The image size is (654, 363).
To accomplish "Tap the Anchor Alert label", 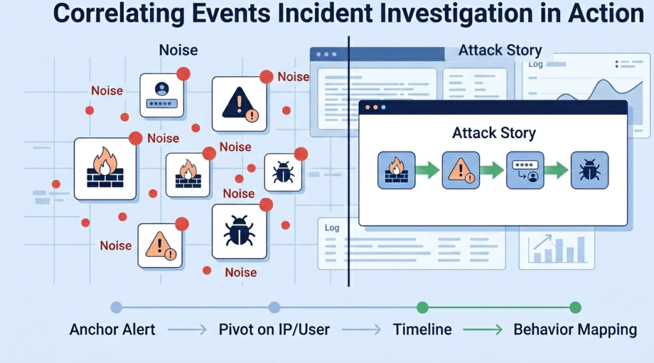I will (112, 330).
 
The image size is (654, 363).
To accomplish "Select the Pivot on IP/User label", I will (274, 330).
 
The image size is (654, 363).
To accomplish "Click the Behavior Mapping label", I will (575, 330).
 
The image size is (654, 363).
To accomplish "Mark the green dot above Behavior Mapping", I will (575, 307).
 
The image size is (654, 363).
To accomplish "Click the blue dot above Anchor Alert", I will (116, 307).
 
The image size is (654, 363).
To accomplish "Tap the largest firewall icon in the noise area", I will (105, 169).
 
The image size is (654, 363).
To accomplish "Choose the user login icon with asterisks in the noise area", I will (162, 95).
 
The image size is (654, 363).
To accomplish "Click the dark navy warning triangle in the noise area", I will (239, 104).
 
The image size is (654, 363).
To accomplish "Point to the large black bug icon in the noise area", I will (239, 231).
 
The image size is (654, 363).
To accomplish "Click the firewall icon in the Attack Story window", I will (397, 170).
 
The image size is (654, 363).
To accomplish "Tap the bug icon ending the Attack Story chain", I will (589, 170).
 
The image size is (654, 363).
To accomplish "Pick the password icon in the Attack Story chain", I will (525, 170).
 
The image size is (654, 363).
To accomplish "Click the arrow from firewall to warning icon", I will (427, 170).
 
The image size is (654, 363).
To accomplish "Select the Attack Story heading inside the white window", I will (494, 134).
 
